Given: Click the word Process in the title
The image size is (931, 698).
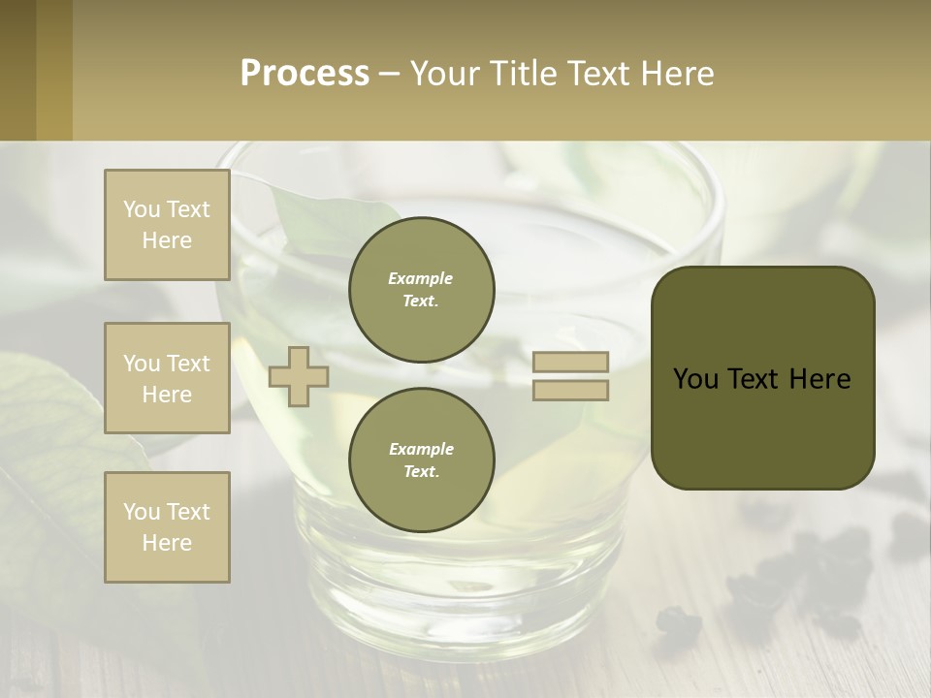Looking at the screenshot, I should pyautogui.click(x=305, y=73).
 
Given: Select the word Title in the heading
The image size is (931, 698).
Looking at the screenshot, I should pyautogui.click(x=522, y=73).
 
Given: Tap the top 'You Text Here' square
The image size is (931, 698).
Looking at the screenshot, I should pyautogui.click(x=167, y=225).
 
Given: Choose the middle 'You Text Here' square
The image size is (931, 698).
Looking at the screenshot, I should pyautogui.click(x=167, y=378).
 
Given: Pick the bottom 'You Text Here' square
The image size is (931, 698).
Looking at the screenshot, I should pyautogui.click(x=167, y=527).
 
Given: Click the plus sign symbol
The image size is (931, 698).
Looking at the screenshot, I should pyautogui.click(x=299, y=376).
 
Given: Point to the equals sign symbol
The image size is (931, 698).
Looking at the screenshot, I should pyautogui.click(x=570, y=376).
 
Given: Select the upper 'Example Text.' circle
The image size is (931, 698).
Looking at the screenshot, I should pyautogui.click(x=422, y=290).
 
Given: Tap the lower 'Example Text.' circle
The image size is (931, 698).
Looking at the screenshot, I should pyautogui.click(x=422, y=460).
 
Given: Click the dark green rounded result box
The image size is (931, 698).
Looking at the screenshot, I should pyautogui.click(x=762, y=378).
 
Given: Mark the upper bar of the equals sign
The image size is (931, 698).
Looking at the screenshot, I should pyautogui.click(x=570, y=363).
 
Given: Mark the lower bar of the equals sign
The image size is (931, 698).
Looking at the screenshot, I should pyautogui.click(x=570, y=390).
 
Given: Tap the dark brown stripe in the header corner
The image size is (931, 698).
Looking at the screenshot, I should pyautogui.click(x=17, y=70).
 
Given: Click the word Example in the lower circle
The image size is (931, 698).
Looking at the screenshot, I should pyautogui.click(x=421, y=449).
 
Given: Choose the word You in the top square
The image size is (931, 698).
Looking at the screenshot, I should pyautogui.click(x=142, y=209).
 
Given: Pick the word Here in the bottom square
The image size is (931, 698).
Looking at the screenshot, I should pyautogui.click(x=167, y=543).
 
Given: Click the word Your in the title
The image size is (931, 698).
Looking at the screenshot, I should pyautogui.click(x=443, y=73).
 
